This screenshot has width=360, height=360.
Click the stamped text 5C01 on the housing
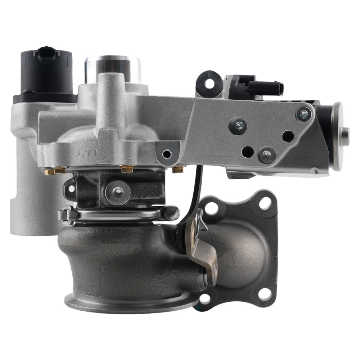tap(87, 152)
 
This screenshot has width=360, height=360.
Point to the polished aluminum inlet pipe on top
tap(112, 66)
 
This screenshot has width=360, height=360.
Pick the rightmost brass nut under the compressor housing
tap(178, 169)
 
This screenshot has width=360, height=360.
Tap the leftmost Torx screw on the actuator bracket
tap(238, 126)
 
